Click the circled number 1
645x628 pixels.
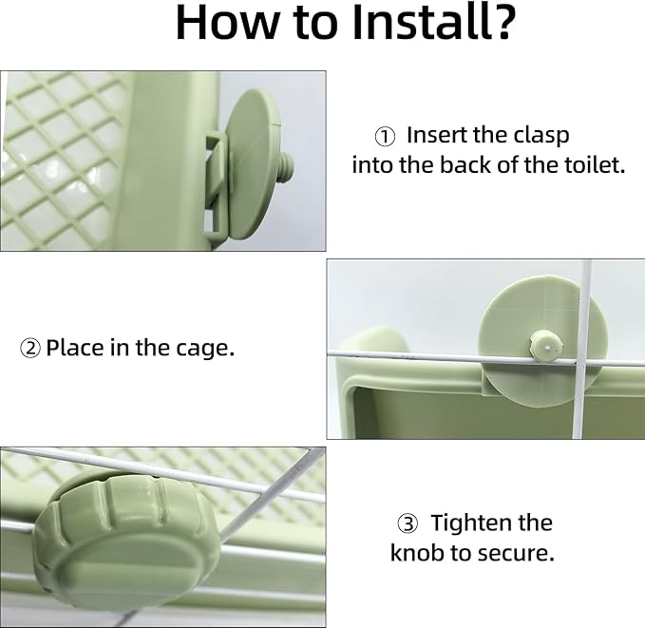coord(385,136)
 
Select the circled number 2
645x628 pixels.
coord(30,349)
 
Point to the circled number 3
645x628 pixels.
coord(408,523)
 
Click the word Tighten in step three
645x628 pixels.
coord(465,523)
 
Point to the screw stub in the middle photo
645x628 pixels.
coord(545,347)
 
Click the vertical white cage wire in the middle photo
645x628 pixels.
coord(583,349)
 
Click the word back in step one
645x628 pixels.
coord(466,165)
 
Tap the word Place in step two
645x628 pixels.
coord(75,348)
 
